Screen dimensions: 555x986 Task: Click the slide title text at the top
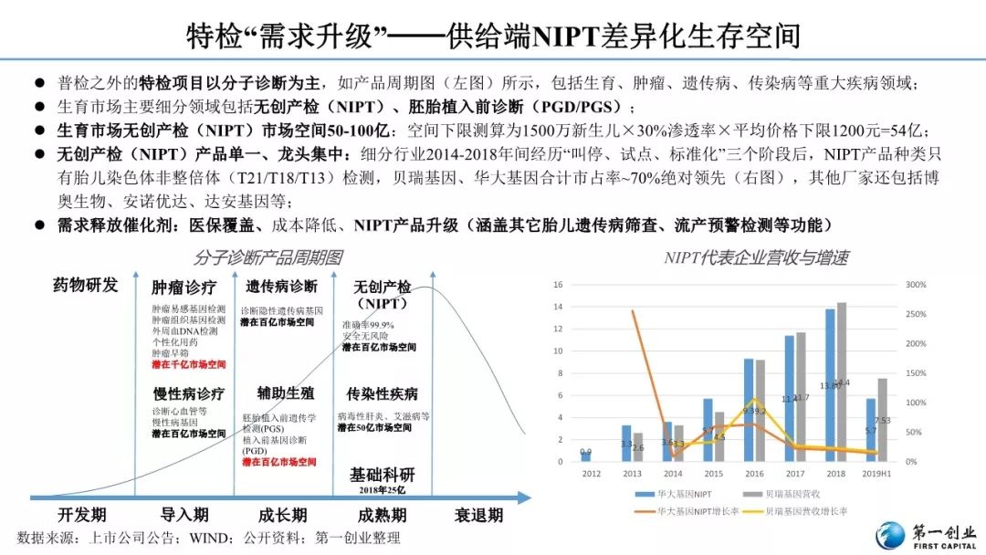click(x=493, y=36)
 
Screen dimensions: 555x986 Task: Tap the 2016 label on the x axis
click(x=754, y=474)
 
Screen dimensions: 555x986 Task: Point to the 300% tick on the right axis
click(x=916, y=285)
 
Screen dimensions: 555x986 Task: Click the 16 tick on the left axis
click(x=558, y=285)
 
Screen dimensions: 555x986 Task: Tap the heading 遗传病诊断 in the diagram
click(x=281, y=287)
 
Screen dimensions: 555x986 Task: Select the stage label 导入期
click(x=184, y=515)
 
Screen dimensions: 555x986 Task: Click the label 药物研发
click(x=86, y=286)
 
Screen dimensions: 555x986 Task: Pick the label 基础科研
click(x=383, y=476)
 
